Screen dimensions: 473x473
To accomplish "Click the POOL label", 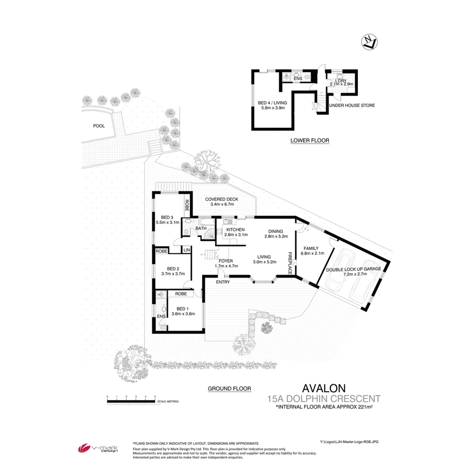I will (x=99, y=126).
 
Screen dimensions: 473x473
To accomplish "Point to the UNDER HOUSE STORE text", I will (x=352, y=106).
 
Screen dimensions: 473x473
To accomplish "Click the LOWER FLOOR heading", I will (x=310, y=141).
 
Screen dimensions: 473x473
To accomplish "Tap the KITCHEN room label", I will (x=235, y=230).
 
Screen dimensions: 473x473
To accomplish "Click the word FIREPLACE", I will (x=289, y=263).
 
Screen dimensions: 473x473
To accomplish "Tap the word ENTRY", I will (x=224, y=282).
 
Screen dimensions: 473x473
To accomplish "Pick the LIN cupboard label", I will (x=186, y=250).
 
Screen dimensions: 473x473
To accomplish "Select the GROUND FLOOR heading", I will (x=229, y=388).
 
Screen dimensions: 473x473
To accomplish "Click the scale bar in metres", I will (x=131, y=401).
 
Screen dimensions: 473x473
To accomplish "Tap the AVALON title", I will (x=324, y=388).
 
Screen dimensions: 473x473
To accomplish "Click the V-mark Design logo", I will (x=97, y=448).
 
